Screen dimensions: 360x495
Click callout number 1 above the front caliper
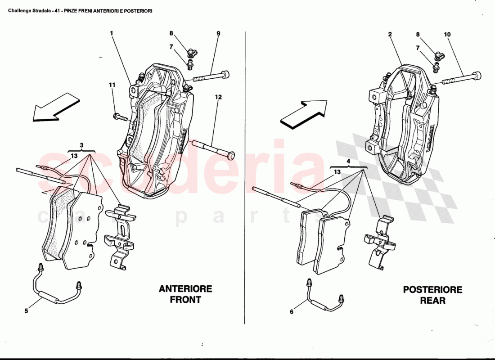(x=111, y=33)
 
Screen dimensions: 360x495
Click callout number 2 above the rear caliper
(x=390, y=34)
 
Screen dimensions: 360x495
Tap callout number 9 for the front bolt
(x=218, y=33)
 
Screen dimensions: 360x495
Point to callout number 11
(x=112, y=85)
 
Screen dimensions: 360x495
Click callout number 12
(x=218, y=97)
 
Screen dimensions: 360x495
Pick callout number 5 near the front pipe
(x=26, y=310)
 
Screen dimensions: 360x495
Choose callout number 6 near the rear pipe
(x=291, y=311)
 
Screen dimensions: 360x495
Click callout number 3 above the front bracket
(x=81, y=145)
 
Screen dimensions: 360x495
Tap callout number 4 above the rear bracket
(x=348, y=161)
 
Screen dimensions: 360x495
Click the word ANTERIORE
(x=185, y=289)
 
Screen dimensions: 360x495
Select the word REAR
(x=432, y=300)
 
